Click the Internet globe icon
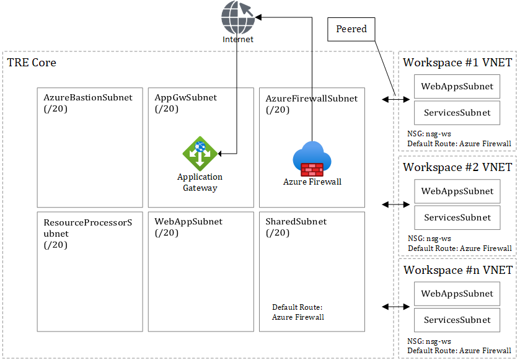click(238, 17)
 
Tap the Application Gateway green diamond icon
click(200, 153)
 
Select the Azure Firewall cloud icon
click(312, 159)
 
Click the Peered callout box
click(351, 29)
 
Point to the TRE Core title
click(32, 63)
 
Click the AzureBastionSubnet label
click(88, 98)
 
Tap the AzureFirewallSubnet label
click(312, 98)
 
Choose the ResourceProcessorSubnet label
click(88, 227)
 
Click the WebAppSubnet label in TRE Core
click(188, 222)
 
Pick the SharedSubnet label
click(296, 222)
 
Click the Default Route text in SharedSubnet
click(297, 312)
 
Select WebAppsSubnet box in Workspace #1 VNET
click(457, 87)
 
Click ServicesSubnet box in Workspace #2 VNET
click(457, 217)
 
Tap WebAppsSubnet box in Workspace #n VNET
click(457, 294)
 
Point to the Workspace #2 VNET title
click(457, 167)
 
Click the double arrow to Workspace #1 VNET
click(394, 99)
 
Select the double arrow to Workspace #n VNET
click(394, 307)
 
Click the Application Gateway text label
click(200, 182)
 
